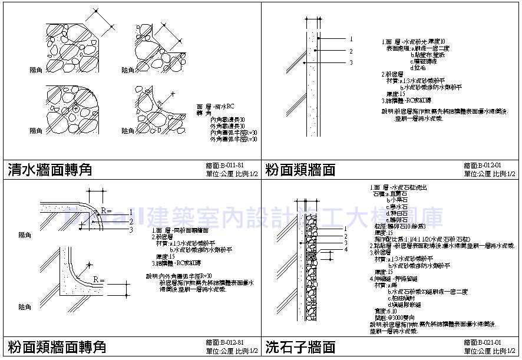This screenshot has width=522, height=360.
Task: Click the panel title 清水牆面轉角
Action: pos(51,170)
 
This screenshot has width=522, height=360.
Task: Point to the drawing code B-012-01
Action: pos(482,166)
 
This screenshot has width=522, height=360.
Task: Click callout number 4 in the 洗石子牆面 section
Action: pos(347,249)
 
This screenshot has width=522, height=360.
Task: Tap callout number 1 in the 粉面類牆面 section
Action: pos(351,39)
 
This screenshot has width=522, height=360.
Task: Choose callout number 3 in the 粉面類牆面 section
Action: pos(351,62)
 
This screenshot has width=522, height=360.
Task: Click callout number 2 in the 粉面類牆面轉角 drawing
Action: pos(131,224)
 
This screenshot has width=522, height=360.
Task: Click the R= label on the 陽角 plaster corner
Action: pos(106,210)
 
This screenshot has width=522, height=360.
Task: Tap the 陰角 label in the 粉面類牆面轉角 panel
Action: pos(25,307)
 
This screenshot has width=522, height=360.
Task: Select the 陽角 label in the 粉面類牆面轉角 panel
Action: pos(25,235)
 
